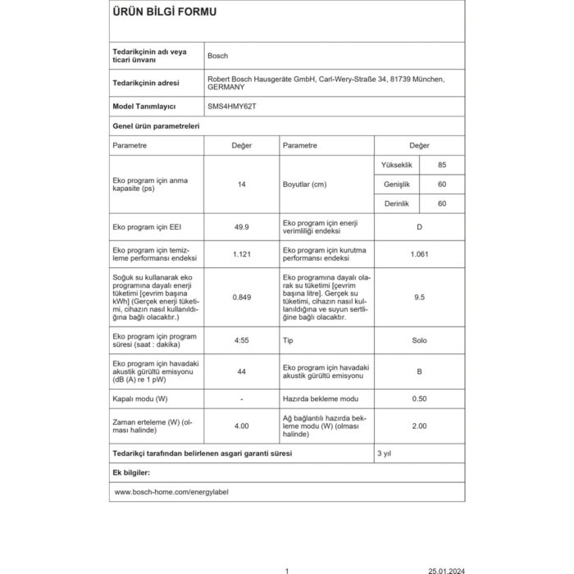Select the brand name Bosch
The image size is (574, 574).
click(x=219, y=56)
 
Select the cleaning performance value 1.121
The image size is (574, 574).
click(x=241, y=253)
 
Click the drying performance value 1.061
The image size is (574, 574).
click(x=419, y=253)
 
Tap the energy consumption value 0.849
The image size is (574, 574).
click(x=241, y=297)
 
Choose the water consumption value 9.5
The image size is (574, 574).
click(x=419, y=297)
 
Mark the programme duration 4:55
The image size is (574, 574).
click(x=241, y=340)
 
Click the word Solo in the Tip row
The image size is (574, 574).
click(x=419, y=339)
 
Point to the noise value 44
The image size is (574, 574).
click(x=241, y=371)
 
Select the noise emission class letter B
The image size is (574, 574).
click(x=419, y=371)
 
